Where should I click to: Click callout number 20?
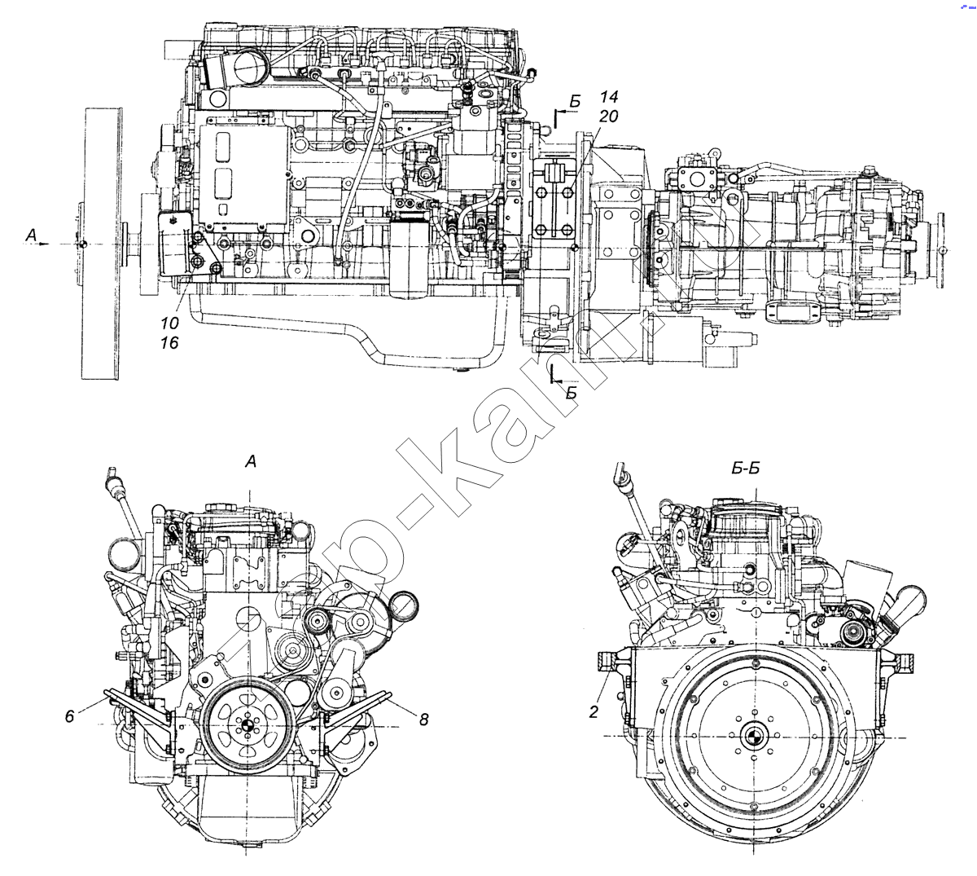[607, 117]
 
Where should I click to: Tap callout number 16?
[169, 343]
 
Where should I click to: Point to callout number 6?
[70, 715]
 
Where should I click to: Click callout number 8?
[423, 720]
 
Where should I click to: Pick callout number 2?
[594, 712]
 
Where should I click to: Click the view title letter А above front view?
[251, 462]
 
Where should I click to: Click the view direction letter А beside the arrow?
[32, 236]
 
